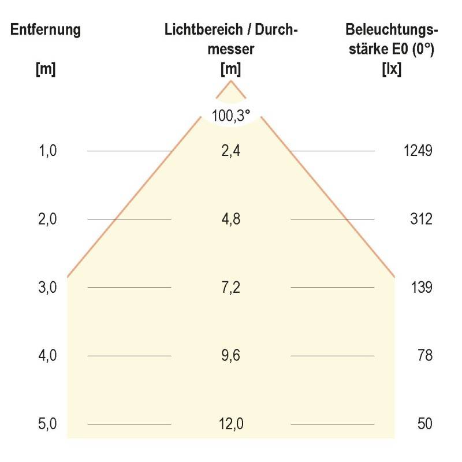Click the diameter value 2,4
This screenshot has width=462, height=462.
point(231,151)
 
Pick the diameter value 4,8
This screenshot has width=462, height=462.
point(231,219)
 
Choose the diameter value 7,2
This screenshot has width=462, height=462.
point(231,288)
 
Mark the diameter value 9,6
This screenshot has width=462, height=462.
point(231,356)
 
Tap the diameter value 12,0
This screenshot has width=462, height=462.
point(231,424)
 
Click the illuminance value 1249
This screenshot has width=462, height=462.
point(418,151)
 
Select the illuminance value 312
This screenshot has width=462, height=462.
point(422,219)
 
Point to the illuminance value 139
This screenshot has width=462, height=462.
point(422,288)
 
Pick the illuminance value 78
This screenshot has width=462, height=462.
point(425,356)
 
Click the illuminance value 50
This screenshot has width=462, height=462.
point(425,424)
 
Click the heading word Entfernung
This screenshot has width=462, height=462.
point(45,30)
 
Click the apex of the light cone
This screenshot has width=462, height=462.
point(231,81)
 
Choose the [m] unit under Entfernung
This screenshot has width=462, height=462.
point(45,69)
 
